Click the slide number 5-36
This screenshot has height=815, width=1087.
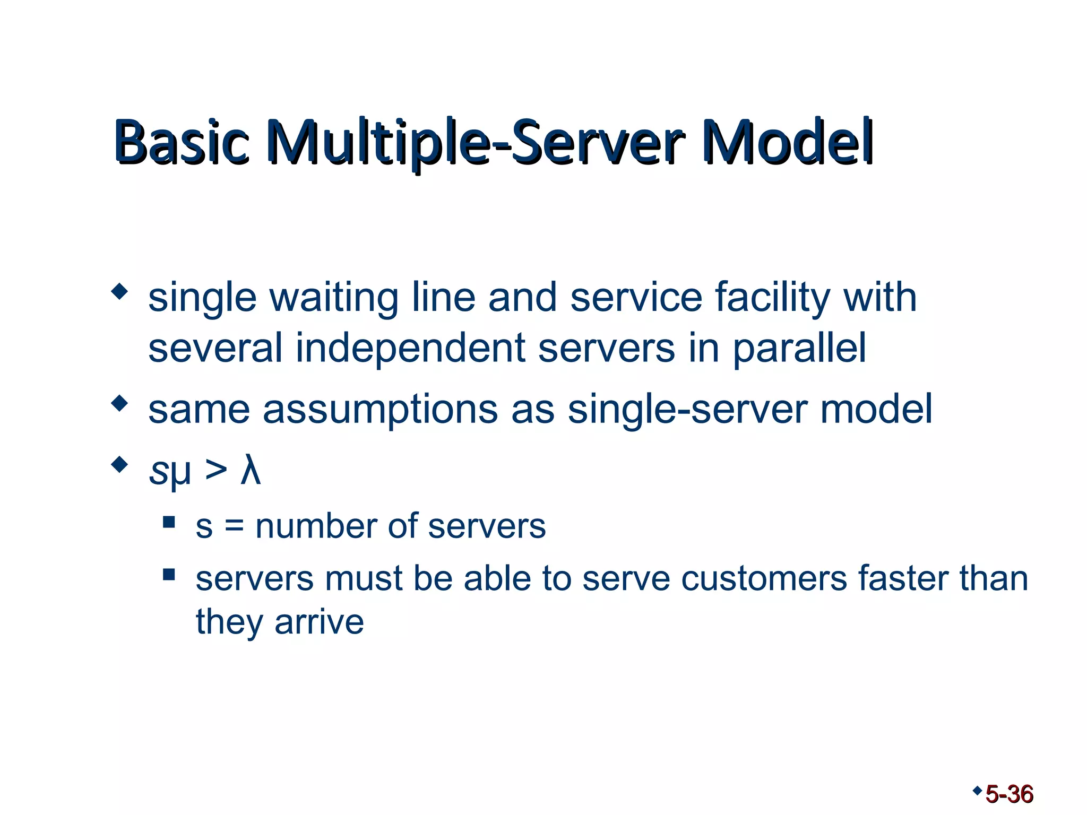point(1009,794)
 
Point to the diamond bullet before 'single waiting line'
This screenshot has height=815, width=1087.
point(120,291)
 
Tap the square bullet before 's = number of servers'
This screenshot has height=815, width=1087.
point(169,522)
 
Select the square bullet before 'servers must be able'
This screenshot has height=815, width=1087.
point(169,575)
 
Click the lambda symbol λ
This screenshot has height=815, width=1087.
point(251,470)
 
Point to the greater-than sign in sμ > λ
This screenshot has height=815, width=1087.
point(215,470)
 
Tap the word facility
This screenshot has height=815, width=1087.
point(772,298)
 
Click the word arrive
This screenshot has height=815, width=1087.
point(319,622)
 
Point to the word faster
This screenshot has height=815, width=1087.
point(903,578)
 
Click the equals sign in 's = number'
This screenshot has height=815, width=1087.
point(234,527)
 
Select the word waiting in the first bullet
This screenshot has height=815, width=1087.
point(334,298)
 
